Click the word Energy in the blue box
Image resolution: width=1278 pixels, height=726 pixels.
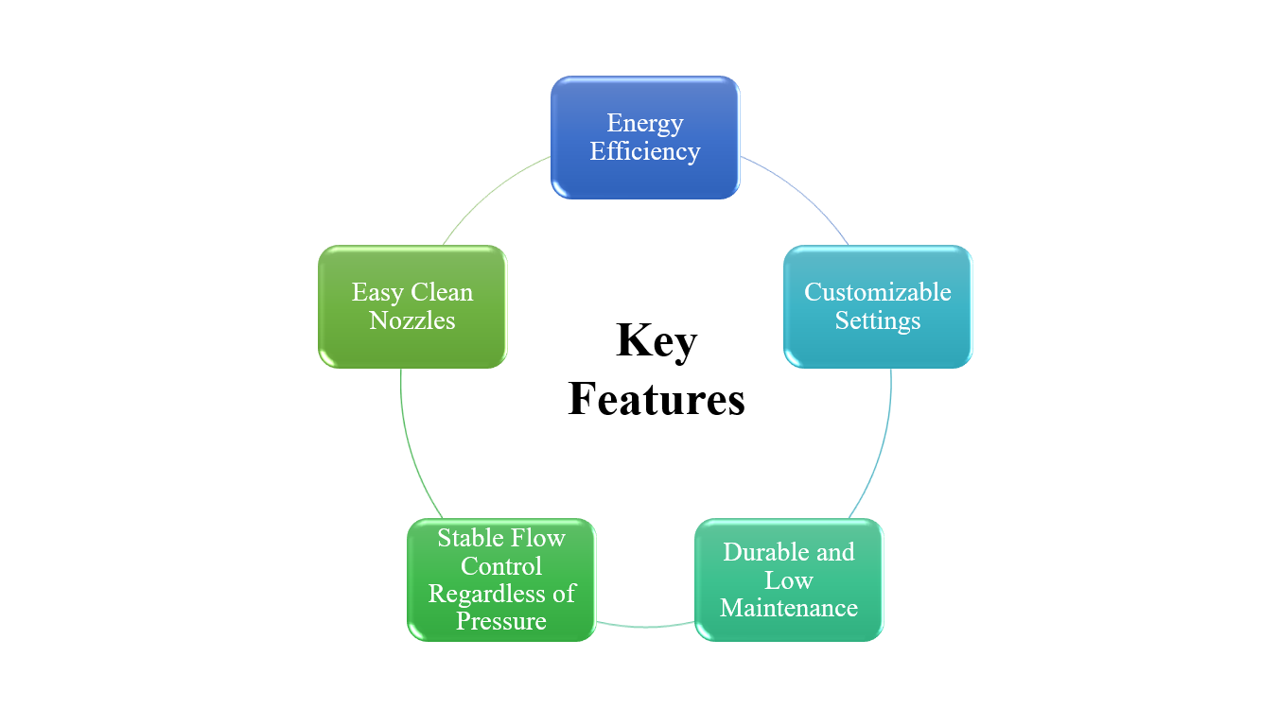coord(644,123)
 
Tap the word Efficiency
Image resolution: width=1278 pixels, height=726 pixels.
coord(644,151)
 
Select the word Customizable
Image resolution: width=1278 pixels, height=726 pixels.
coord(877,291)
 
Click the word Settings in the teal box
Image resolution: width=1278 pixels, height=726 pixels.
coord(877,320)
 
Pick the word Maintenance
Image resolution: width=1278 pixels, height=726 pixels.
coord(788,608)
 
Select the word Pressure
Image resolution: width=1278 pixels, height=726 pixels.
coord(500,621)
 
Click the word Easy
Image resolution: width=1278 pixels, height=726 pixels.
coord(376,291)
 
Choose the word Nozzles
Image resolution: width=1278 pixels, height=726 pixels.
coord(411,320)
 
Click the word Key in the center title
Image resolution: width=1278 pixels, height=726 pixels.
coord(656,340)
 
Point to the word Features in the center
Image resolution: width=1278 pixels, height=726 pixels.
coord(656,399)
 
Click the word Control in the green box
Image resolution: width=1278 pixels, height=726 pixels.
coord(500,566)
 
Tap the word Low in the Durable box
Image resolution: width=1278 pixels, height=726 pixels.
coord(788,579)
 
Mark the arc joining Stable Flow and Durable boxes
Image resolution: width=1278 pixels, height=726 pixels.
coord(645,626)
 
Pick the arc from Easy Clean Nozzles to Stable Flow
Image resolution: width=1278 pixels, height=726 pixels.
coord(412,449)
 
